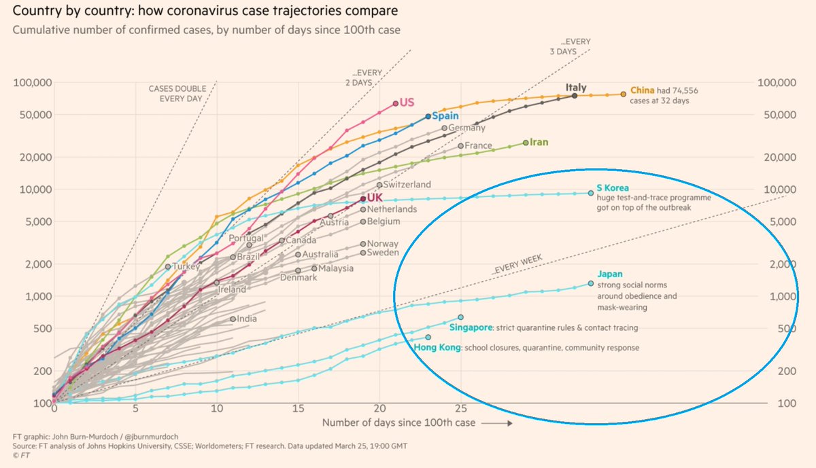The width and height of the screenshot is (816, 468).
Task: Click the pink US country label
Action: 407,103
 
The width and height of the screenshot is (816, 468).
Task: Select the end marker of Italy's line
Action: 575,96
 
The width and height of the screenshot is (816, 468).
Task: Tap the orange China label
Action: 643,90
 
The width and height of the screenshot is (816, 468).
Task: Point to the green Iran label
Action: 539,143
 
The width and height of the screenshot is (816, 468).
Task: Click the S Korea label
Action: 613,188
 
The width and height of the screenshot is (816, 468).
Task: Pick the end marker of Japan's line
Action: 590,283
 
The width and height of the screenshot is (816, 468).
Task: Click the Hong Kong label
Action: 437,348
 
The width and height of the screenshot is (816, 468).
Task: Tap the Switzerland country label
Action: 407,184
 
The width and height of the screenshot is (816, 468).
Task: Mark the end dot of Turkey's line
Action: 168,267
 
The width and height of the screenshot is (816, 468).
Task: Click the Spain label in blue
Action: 445,116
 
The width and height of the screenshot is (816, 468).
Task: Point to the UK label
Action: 376,197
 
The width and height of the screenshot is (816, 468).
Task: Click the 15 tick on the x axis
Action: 298,409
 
